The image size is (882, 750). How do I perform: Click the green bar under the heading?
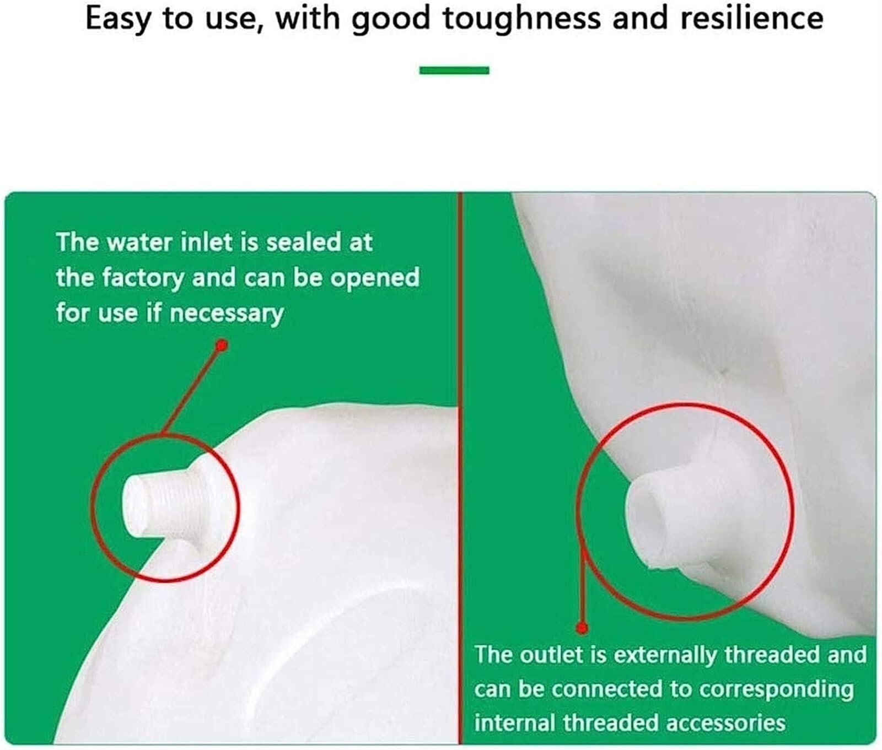(x=454, y=70)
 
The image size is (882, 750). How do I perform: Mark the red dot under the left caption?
(x=222, y=346)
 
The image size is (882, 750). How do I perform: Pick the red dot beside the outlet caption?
(x=582, y=628)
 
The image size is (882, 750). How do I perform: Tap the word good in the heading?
(x=391, y=19)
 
